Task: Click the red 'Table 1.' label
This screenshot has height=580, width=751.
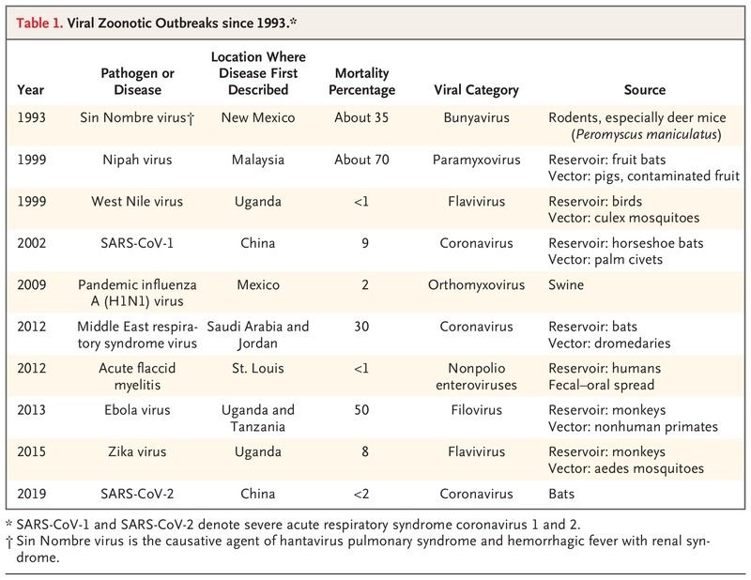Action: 39,23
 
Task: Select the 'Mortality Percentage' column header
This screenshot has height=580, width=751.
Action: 361,82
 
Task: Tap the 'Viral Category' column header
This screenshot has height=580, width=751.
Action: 476,89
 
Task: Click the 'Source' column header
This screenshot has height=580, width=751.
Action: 645,89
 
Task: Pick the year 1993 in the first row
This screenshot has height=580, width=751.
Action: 32,117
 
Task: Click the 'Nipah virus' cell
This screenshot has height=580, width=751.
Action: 137,160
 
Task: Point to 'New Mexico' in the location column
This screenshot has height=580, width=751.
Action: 257,117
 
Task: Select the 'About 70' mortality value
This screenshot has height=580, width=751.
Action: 361,160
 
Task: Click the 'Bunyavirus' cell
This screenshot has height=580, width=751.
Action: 476,117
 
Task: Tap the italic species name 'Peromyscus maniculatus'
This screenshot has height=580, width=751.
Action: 646,134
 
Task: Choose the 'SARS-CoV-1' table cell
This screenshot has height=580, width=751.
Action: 137,243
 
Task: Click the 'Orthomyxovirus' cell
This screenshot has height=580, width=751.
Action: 476,285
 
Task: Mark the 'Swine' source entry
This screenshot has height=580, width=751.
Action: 566,285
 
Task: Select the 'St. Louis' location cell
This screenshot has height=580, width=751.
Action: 257,368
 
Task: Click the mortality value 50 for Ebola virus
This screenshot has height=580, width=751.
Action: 361,410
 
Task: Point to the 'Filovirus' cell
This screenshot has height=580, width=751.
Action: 476,410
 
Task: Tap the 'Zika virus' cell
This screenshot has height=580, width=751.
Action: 137,451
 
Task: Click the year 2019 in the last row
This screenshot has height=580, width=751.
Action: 32,494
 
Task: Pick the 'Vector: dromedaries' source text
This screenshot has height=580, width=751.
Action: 609,343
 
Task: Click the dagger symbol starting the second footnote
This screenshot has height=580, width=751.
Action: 9,542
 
